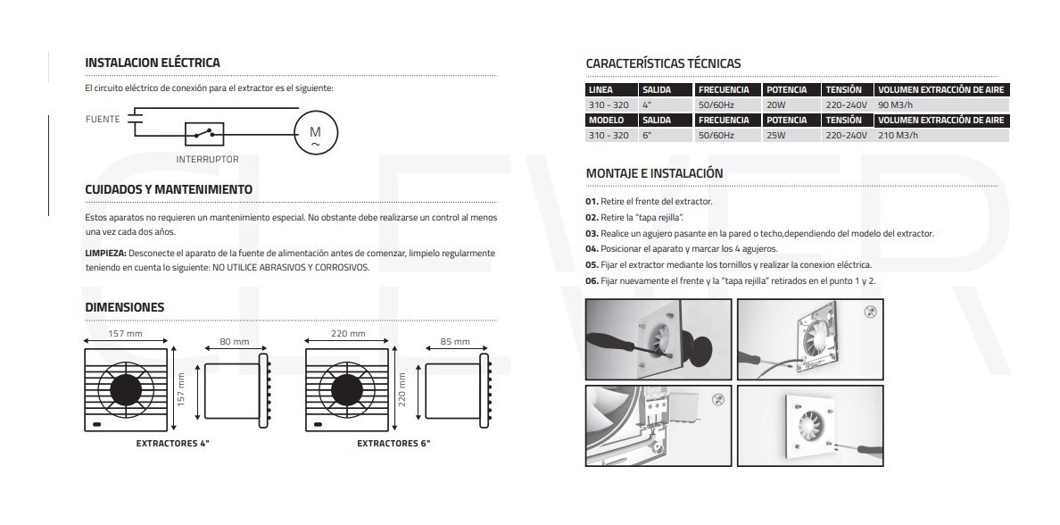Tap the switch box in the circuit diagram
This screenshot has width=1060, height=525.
[204, 134]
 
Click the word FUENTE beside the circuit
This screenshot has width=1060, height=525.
[104, 118]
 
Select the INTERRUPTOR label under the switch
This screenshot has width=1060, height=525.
[207, 159]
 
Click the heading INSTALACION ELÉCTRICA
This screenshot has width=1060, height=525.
[152, 63]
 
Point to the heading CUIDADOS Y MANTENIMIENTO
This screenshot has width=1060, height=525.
[168, 189]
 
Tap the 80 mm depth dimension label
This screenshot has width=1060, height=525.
[234, 341]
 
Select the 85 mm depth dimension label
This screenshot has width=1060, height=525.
[454, 341]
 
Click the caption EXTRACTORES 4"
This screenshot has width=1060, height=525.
[172, 443]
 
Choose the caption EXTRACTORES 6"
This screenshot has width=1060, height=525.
[393, 443]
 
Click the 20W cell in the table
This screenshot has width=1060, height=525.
[774, 105]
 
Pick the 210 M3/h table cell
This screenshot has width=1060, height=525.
[899, 136]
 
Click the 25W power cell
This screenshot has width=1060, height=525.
[774, 136]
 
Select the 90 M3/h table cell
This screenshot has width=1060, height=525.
[896, 105]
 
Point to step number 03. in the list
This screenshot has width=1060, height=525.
[592, 233]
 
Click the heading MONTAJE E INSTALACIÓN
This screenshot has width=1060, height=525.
[654, 172]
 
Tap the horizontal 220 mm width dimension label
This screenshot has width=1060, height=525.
[348, 334]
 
